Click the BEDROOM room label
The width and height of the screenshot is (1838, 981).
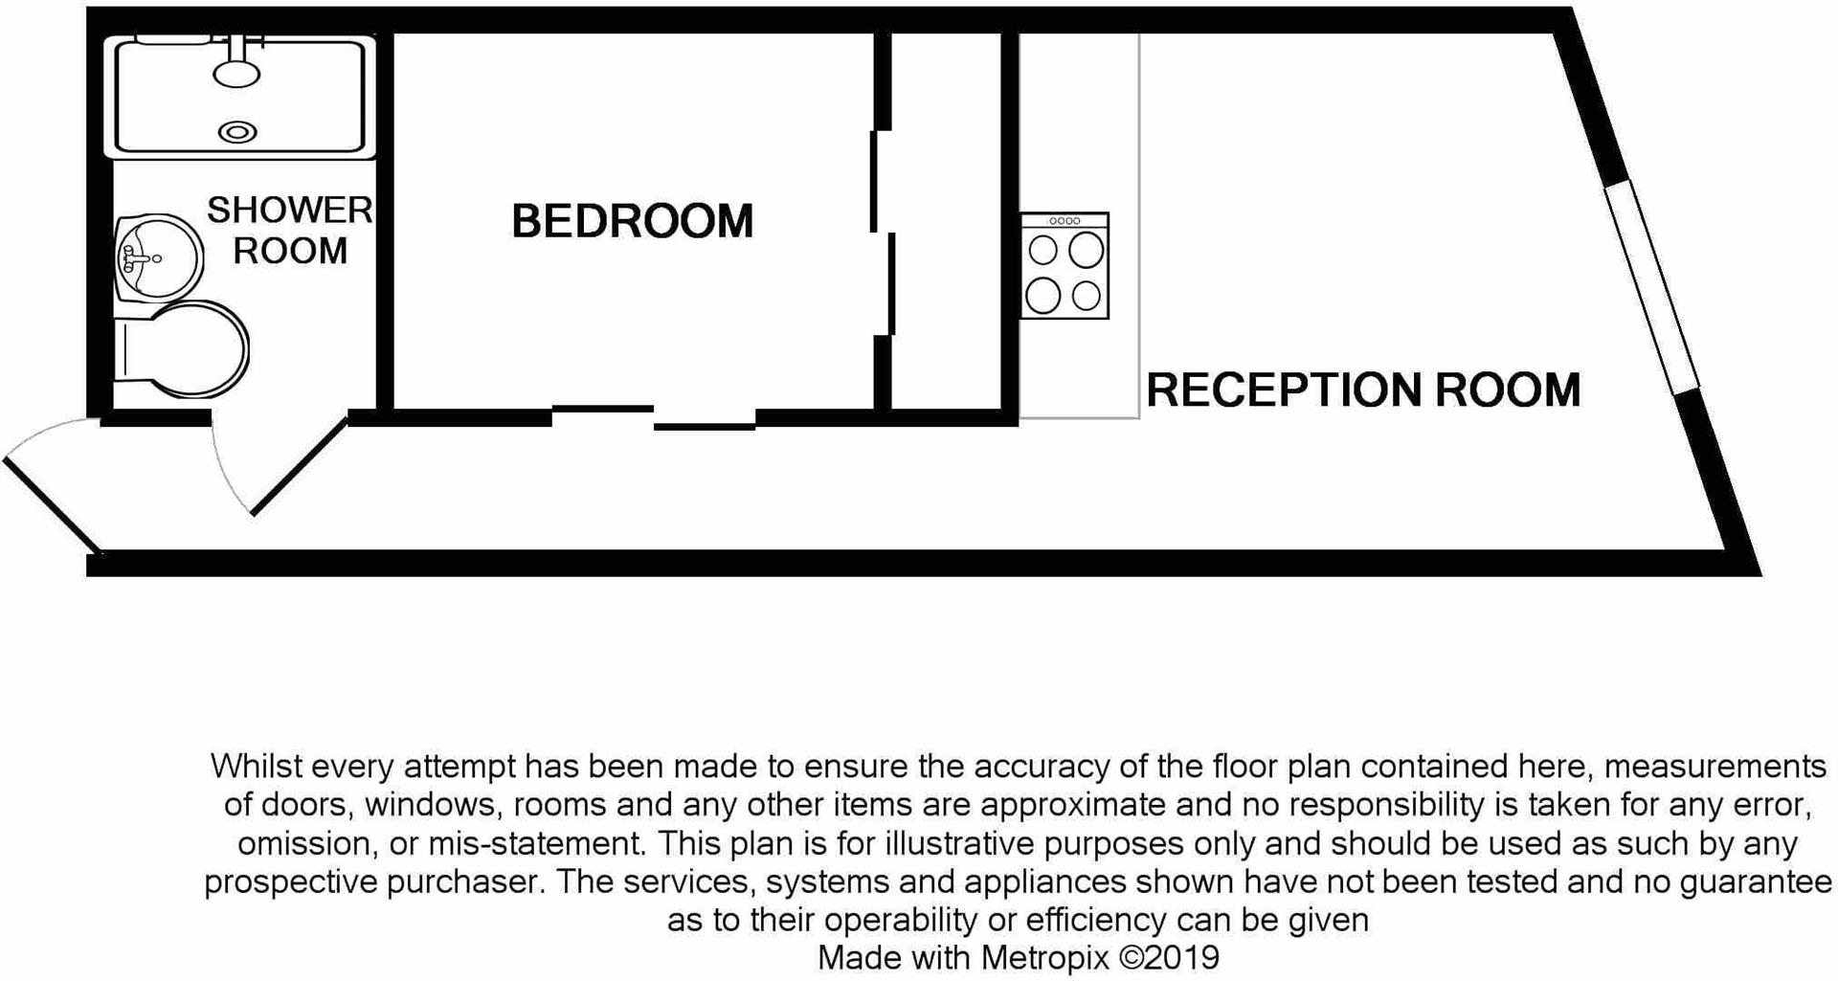click(632, 221)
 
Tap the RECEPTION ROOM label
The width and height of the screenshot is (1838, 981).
click(1362, 390)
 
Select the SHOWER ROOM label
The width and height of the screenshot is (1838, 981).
click(289, 231)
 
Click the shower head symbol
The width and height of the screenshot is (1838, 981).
click(236, 72)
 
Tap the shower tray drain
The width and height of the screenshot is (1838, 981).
click(237, 133)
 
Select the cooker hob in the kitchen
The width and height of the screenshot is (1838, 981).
click(1065, 266)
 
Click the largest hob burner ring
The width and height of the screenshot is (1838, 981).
click(1087, 251)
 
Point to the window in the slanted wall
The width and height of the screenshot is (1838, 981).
click(1651, 286)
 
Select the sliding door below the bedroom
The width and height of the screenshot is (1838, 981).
click(654, 417)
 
